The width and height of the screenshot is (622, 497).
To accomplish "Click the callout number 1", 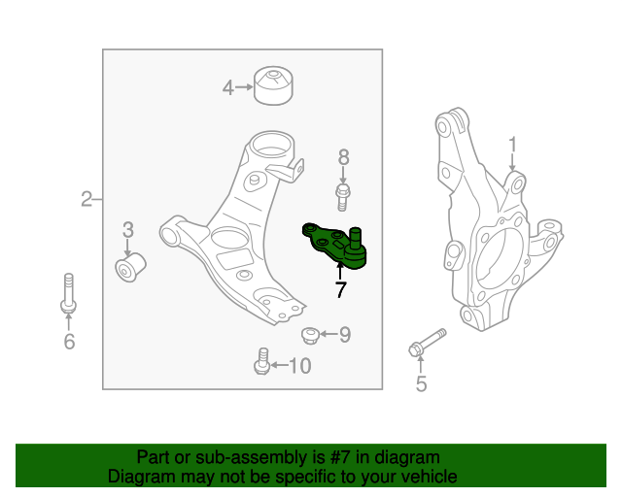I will (x=512, y=146).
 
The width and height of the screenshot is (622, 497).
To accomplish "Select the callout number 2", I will (x=86, y=200).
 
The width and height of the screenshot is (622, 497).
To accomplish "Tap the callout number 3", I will (x=128, y=230).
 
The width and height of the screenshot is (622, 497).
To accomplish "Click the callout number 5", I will (x=421, y=384).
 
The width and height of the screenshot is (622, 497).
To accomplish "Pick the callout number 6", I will (x=68, y=341).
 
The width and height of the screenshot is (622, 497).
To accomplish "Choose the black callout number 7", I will (x=340, y=289).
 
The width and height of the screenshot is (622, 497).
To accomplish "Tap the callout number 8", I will (x=342, y=156).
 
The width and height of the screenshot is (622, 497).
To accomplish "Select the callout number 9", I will (x=344, y=335).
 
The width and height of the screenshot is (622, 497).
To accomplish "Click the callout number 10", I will (x=300, y=366).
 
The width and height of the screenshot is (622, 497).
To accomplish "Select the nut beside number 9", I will (x=309, y=336).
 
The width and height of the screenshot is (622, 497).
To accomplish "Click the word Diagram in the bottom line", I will (x=143, y=477).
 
